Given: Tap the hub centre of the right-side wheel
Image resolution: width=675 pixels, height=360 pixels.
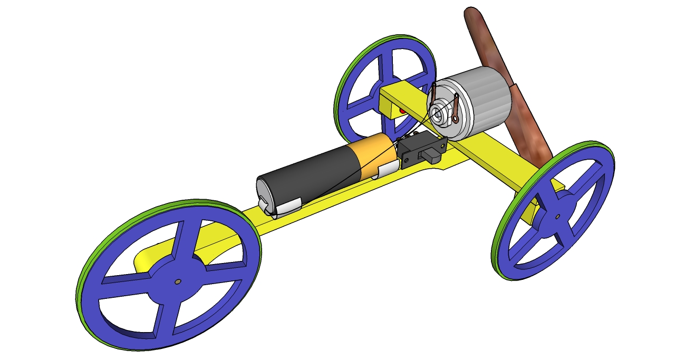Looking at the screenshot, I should [557, 216].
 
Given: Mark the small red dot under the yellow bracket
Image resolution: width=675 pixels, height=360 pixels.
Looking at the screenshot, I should [403, 111].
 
